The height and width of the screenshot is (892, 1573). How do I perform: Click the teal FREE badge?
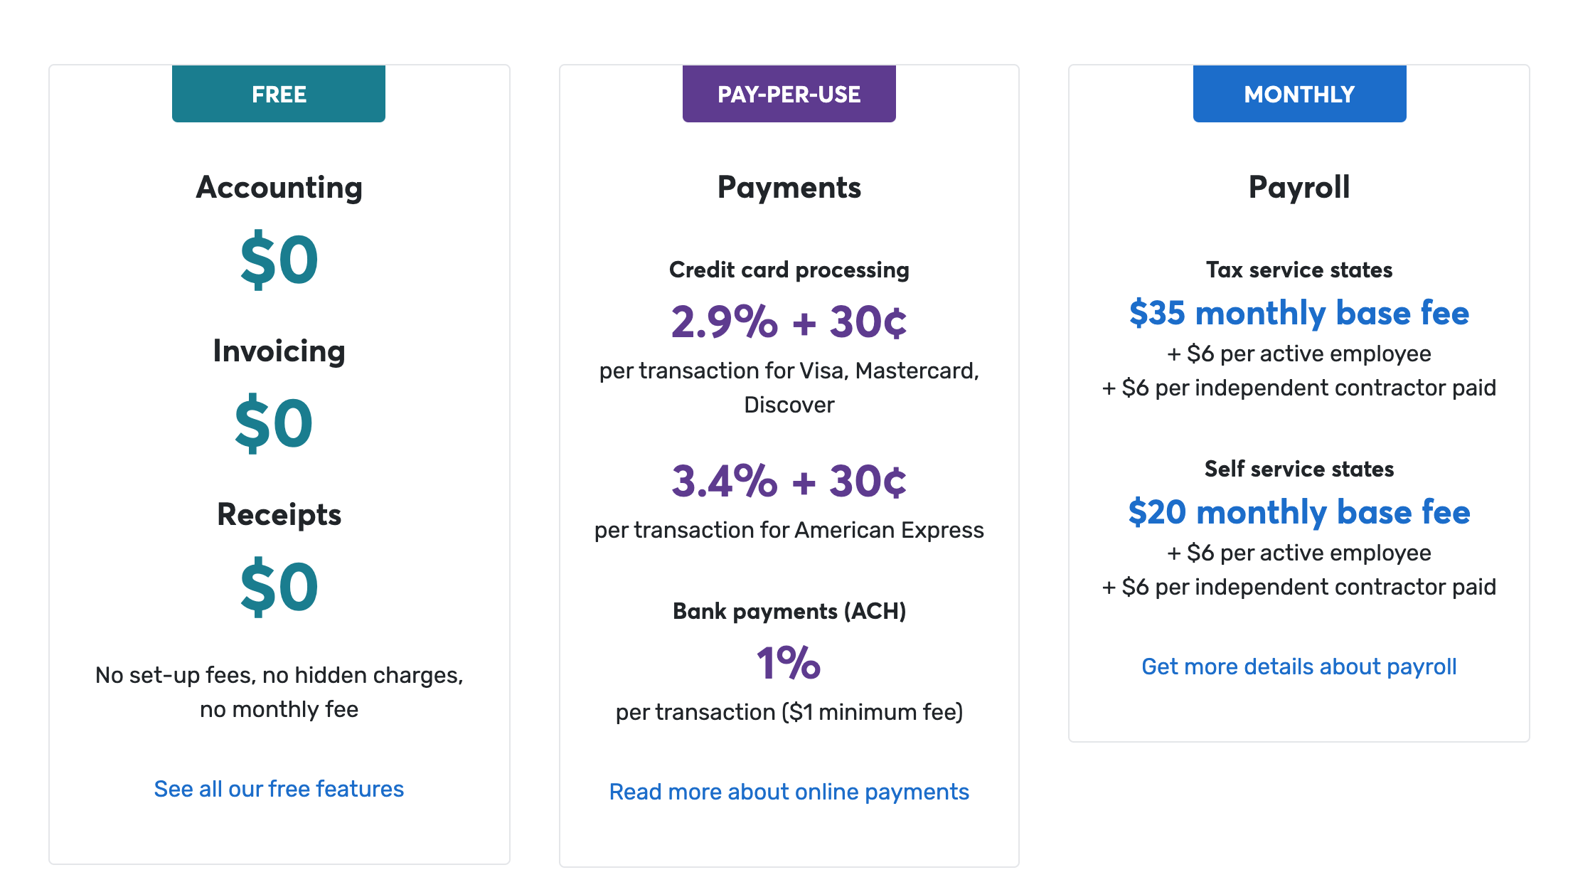tap(279, 94)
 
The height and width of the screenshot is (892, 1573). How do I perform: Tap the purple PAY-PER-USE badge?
tap(789, 94)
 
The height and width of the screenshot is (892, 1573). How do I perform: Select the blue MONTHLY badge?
tap(1300, 94)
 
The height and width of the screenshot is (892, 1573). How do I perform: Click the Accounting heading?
tap(279, 188)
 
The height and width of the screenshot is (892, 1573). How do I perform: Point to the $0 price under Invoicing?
tap(274, 423)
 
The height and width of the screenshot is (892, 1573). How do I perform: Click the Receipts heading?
tap(279, 514)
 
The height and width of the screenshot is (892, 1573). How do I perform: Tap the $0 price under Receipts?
tap(279, 587)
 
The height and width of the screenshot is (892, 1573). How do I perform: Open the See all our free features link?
tap(279, 789)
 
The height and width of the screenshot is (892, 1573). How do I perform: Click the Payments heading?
tap(789, 188)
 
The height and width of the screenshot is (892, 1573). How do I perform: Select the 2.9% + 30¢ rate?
tap(789, 322)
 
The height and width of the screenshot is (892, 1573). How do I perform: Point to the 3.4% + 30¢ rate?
tap(789, 481)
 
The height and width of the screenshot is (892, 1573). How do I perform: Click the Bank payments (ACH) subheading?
tap(789, 611)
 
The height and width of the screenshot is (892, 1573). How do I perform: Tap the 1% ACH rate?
tap(789, 663)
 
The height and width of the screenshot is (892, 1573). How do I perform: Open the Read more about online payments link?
tap(789, 792)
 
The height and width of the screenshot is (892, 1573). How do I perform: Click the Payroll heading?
tap(1299, 188)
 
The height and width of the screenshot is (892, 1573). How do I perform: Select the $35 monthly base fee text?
tap(1299, 313)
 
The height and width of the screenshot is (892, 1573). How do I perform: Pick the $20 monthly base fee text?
tap(1299, 512)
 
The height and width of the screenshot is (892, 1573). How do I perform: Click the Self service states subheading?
tap(1299, 469)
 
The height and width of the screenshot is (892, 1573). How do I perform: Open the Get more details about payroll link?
tap(1299, 667)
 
